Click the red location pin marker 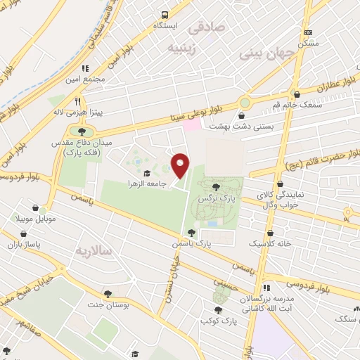181,165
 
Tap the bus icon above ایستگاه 165,14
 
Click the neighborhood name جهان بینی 269,53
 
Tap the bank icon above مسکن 307,32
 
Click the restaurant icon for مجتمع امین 86,68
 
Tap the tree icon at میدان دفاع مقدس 82,131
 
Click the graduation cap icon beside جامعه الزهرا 147,173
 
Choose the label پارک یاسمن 191,243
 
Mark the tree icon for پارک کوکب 218,309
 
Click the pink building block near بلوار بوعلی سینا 191,124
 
